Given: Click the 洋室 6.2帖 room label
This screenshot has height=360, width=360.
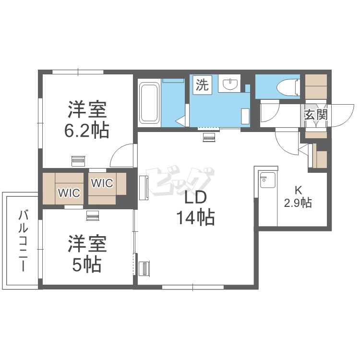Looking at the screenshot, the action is [x=87, y=120].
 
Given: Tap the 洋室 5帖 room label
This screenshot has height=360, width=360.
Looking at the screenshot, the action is [x=87, y=253].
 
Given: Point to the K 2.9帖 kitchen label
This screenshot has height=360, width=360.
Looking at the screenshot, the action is [x=298, y=197].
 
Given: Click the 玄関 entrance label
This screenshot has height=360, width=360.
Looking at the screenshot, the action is [x=316, y=114].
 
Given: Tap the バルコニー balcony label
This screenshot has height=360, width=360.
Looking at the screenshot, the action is [x=23, y=240].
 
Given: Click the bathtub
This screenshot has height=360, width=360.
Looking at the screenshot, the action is [x=149, y=103].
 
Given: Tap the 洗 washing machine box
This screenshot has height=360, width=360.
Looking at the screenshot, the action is [x=202, y=84].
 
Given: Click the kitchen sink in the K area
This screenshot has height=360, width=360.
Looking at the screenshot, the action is [x=267, y=180].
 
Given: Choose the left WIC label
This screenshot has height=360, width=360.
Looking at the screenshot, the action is [x=69, y=193].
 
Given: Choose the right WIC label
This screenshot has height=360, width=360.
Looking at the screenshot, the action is [x=102, y=183].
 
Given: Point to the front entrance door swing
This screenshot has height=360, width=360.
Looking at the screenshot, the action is [x=342, y=115].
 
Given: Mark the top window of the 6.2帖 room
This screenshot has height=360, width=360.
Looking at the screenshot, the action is [x=78, y=72].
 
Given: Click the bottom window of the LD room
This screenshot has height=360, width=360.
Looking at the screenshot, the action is [x=193, y=287].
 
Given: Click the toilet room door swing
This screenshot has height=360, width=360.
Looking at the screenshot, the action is [x=270, y=111].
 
